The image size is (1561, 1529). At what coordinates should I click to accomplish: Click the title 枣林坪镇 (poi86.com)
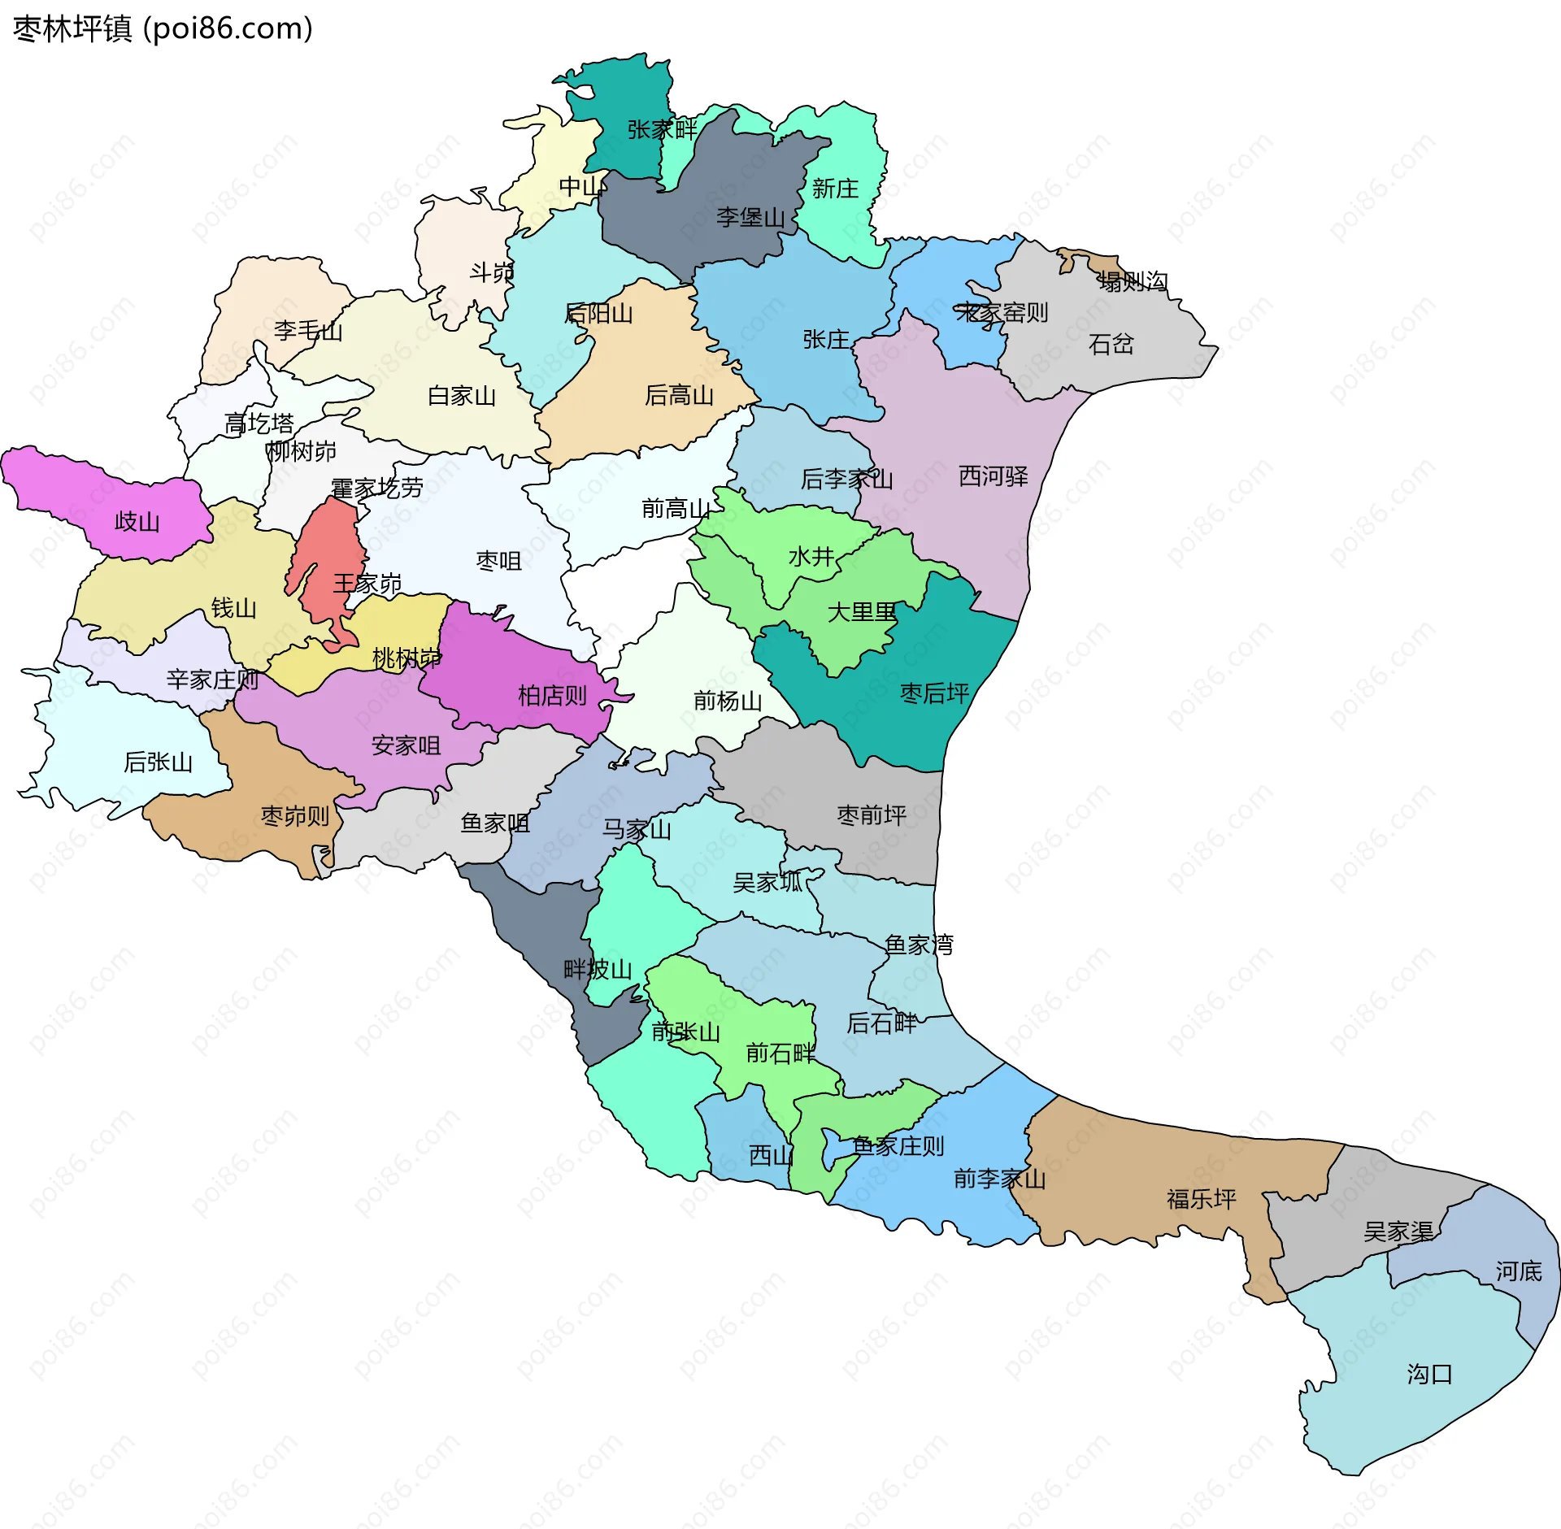[163, 29]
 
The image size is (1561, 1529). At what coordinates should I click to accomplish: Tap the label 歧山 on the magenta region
[137, 522]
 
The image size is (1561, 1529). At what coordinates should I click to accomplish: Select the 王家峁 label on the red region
[367, 584]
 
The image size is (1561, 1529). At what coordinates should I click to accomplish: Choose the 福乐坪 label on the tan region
[1201, 1199]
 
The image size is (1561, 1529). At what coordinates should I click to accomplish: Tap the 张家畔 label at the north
[662, 130]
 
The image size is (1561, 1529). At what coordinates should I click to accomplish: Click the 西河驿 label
[993, 476]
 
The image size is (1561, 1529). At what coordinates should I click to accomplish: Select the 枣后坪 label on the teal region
[934, 693]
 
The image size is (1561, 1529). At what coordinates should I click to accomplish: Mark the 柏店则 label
[552, 696]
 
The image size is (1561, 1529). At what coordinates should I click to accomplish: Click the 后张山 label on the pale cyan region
[158, 762]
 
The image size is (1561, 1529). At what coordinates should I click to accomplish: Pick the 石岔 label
[1111, 345]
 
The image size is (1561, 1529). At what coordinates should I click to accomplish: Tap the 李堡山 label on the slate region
[750, 218]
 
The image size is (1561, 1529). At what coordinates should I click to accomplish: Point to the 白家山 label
[461, 397]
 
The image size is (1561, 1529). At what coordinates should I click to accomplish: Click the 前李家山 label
[999, 1179]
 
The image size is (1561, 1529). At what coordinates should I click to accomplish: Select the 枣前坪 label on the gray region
[872, 815]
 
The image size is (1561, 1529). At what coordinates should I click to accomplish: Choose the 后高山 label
[679, 396]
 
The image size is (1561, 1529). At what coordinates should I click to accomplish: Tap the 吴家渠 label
[1398, 1231]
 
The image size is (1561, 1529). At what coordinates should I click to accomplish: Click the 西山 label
[770, 1155]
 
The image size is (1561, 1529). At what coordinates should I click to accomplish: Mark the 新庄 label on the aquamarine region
[835, 189]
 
